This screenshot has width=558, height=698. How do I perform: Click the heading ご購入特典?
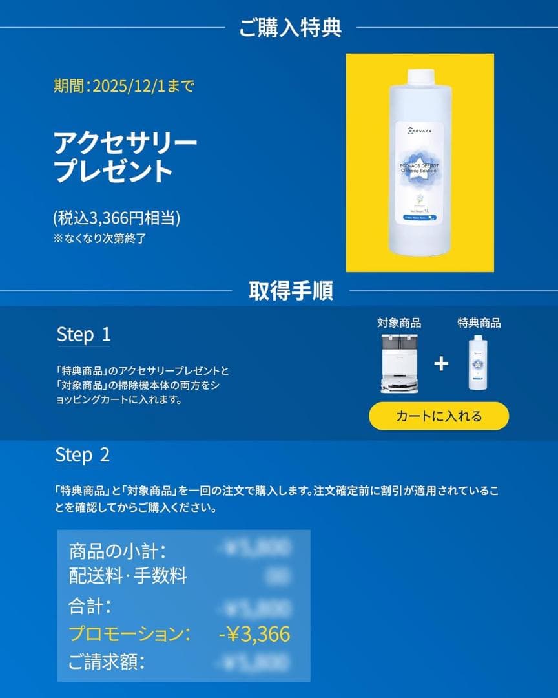[290, 28]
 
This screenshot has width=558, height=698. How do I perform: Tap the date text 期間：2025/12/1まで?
[123, 87]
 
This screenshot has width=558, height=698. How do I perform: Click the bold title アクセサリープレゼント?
[125, 157]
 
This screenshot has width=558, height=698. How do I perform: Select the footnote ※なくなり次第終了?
[100, 238]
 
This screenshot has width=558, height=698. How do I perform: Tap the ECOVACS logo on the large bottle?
[419, 131]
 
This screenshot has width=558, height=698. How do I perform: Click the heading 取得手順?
[291, 291]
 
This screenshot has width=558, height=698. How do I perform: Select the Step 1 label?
[83, 334]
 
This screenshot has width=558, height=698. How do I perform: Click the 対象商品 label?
[399, 323]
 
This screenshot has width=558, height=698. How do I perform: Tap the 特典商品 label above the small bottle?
[479, 323]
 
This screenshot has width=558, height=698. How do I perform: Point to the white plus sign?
[441, 364]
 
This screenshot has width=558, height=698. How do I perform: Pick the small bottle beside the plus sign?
[479, 363]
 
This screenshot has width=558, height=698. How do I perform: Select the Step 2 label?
[82, 455]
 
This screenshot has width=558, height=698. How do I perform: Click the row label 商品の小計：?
[118, 552]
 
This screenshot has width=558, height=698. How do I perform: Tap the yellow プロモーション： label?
[129, 634]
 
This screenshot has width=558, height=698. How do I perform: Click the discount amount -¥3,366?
[254, 634]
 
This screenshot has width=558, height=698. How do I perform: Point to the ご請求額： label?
[107, 662]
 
